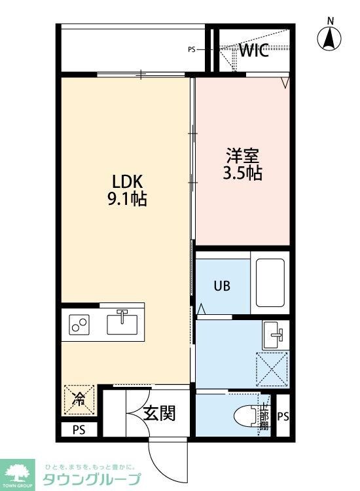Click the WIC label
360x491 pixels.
pyautogui.click(x=253, y=52)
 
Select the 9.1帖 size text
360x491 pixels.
pyautogui.click(x=127, y=198)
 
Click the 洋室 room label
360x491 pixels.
pyautogui.click(x=243, y=156)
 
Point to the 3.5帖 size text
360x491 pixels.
pyautogui.click(x=243, y=173)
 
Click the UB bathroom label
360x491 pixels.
pyautogui.click(x=221, y=287)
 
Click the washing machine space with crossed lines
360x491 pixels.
pyautogui.click(x=272, y=369)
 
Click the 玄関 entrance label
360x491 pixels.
pyautogui.click(x=159, y=413)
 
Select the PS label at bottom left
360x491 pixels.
pyautogui.click(x=79, y=430)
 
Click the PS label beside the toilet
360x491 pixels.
pyautogui.click(x=283, y=416)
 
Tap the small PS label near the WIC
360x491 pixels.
pyautogui.click(x=192, y=49)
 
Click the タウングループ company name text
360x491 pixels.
pyautogui.click(x=92, y=479)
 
